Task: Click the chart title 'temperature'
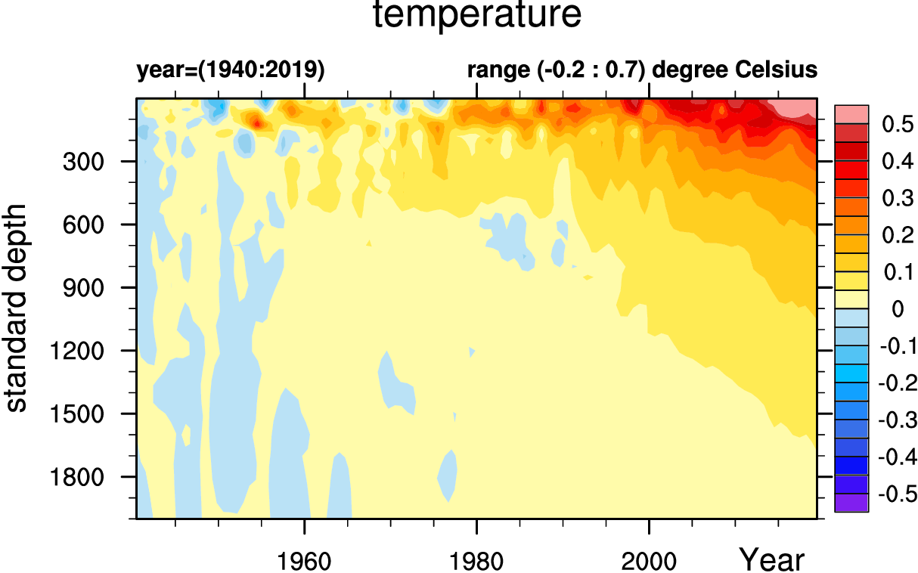coord(478,17)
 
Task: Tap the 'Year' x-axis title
coord(772,560)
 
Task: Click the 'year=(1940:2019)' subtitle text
coord(231,70)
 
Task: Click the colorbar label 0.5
coord(897,125)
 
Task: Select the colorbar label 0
coord(897,309)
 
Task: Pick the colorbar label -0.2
coord(894,383)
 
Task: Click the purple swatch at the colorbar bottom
coord(851,503)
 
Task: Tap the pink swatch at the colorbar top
coord(851,114)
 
